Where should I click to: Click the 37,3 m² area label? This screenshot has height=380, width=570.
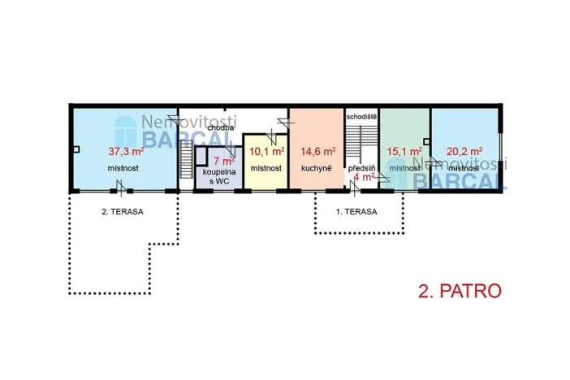click(126, 151)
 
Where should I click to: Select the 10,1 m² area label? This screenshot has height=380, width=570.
click(267, 151)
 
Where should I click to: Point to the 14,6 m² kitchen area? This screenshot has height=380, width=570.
click(317, 151)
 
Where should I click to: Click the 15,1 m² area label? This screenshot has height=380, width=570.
click(404, 151)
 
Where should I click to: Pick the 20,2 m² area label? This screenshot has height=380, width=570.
click(464, 151)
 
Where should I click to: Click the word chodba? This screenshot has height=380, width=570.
click(222, 127)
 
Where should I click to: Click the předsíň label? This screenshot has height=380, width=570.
click(361, 167)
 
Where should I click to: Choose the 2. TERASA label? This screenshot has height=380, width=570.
click(122, 212)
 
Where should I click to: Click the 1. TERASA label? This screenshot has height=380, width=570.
click(356, 212)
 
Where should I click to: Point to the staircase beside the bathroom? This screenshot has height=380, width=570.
click(185, 162)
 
